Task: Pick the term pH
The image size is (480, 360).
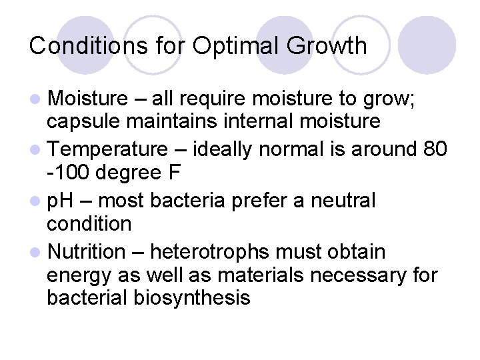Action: pyautogui.click(x=63, y=200)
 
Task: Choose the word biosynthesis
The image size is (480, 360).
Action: pyautogui.click(x=191, y=297)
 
